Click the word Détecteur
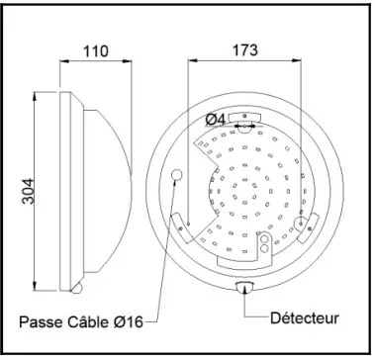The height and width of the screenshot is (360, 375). (305, 318)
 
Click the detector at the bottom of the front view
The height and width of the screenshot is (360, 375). (245, 288)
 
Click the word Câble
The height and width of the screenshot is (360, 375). (96, 320)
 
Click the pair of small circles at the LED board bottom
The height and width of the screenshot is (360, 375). (264, 245)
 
